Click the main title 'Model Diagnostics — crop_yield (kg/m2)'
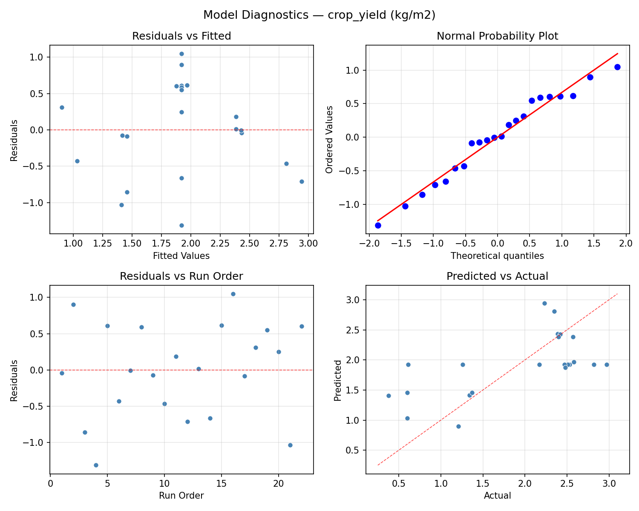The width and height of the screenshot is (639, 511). click(x=319, y=15)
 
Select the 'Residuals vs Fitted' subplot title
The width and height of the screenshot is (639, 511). click(x=181, y=36)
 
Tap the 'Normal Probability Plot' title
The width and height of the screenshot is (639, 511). click(x=497, y=36)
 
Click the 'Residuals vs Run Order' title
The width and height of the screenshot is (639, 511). click(x=181, y=276)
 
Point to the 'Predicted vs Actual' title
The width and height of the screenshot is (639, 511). click(x=497, y=276)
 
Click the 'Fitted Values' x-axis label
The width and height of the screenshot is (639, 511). click(x=181, y=256)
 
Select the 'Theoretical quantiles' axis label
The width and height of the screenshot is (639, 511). click(x=497, y=256)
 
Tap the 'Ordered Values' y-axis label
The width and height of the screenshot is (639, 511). click(x=329, y=139)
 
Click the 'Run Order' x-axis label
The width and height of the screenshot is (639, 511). click(x=181, y=496)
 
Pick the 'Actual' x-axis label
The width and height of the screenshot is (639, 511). click(x=497, y=496)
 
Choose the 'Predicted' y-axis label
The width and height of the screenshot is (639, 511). click(x=337, y=380)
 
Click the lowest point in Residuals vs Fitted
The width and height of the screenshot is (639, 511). click(x=181, y=225)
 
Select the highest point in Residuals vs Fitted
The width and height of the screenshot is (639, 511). click(x=181, y=54)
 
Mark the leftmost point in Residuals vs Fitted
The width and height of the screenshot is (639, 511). click(x=62, y=107)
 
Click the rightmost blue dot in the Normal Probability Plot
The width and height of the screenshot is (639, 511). click(x=617, y=67)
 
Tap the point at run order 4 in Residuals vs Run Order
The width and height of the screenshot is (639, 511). click(x=96, y=465)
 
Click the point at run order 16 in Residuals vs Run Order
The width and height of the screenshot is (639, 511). click(x=233, y=294)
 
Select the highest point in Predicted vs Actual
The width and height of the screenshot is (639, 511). click(x=544, y=303)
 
